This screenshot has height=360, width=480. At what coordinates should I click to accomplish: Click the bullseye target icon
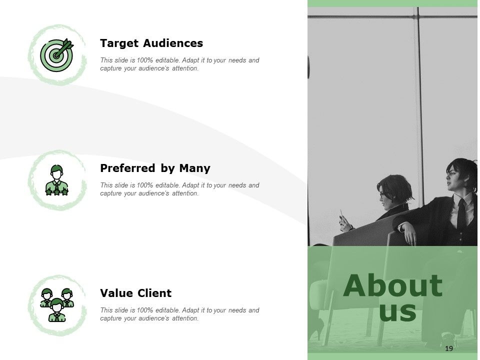point(57,55)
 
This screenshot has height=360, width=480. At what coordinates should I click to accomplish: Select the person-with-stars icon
point(56,180)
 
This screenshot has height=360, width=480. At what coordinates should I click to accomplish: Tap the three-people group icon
point(57,305)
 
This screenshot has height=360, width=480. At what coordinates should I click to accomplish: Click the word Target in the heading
point(119,43)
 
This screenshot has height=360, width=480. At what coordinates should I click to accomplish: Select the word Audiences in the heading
point(173,43)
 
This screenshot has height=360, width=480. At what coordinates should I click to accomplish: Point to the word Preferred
point(127,168)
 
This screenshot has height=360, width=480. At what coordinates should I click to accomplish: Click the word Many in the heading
point(194,168)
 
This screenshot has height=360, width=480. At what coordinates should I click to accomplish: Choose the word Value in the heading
point(116,293)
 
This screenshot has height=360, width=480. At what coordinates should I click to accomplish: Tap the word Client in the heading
point(154,293)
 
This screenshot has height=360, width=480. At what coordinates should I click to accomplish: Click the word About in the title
point(393,285)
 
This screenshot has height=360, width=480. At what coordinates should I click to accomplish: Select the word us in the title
point(397,311)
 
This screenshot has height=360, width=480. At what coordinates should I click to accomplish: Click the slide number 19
point(449,348)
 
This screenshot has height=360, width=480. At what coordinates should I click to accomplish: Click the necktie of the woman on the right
point(461,214)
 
